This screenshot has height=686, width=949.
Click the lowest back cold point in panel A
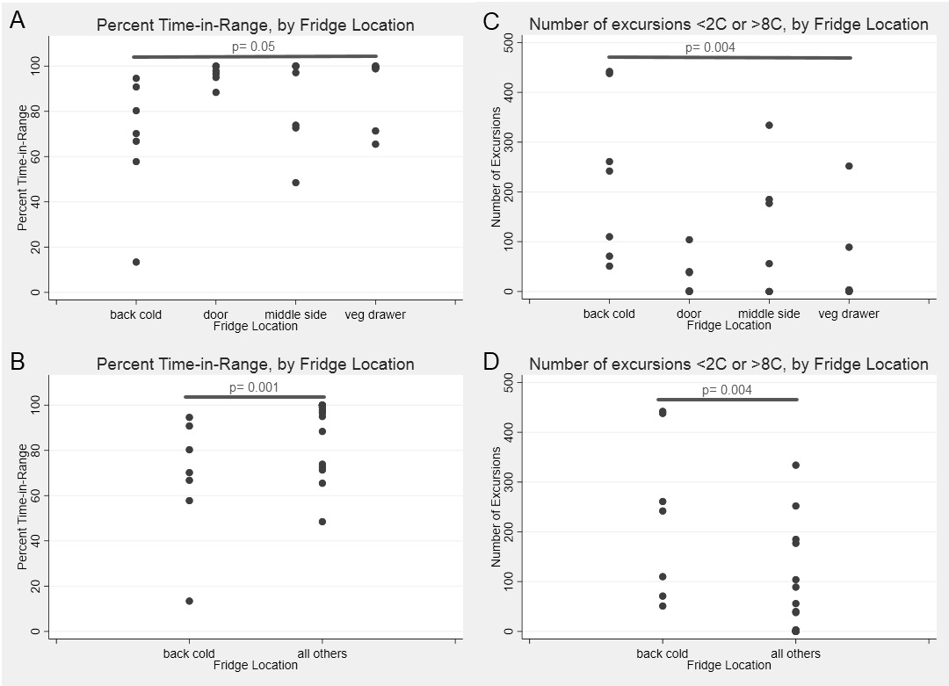[x=136, y=262]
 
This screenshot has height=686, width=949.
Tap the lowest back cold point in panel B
[x=189, y=601]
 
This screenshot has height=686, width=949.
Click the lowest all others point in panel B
[x=322, y=522]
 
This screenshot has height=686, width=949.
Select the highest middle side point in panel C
[x=769, y=125]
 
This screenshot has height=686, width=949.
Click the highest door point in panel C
[x=689, y=240]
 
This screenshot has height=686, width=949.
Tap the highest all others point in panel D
[x=795, y=465]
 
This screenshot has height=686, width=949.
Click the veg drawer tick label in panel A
[x=375, y=314]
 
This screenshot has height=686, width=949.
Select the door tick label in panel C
[x=689, y=314]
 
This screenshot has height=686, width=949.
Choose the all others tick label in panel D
[x=795, y=654]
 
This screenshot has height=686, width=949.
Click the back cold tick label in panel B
[x=189, y=654]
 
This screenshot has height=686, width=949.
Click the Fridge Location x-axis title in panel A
[x=255, y=326]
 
